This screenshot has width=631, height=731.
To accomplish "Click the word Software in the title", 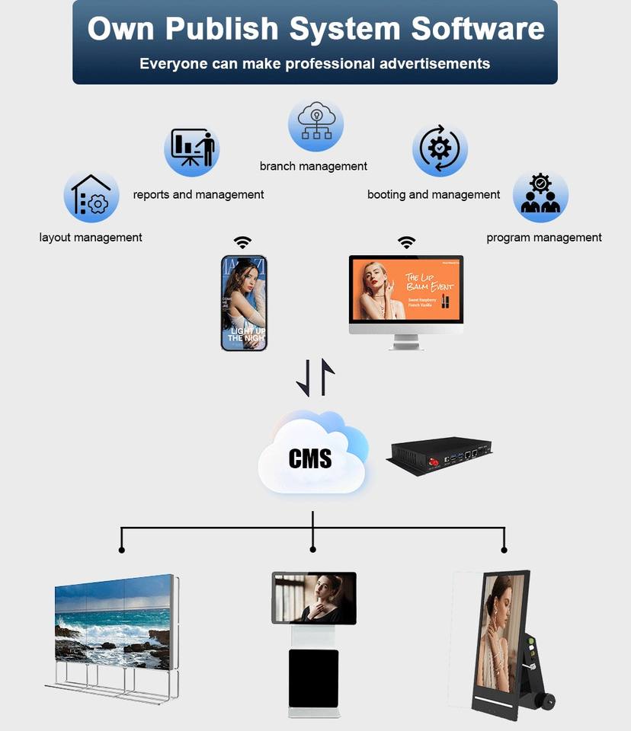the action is point(479,29).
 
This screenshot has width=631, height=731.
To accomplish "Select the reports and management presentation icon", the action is point(192,149).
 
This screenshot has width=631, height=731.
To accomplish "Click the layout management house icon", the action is point(91,196).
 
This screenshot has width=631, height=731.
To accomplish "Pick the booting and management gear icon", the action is point(440,149).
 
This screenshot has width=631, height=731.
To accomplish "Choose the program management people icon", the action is point(540,196).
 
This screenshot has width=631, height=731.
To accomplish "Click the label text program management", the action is point(544,238).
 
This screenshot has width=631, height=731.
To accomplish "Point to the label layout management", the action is point(91,238).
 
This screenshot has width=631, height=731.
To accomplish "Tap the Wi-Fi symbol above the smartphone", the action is point(242,242).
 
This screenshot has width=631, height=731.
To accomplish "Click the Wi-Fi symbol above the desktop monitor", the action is point(407,242).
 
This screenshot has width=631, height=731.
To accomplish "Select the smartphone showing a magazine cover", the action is point(244,303).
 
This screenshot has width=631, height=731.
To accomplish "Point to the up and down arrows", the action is point(315,377).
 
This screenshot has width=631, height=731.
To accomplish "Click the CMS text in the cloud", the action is point(310,458).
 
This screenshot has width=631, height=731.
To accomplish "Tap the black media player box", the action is point(440,455).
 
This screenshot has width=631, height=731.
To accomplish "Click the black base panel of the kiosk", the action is point(313,678).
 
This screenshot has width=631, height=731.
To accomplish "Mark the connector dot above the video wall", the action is point(122,549).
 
